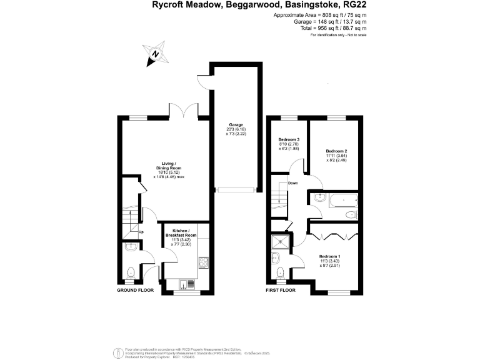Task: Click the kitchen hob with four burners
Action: pyautogui.click(x=204, y=265)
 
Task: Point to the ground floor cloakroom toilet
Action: pyautogui.click(x=131, y=272)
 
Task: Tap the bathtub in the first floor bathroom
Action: pyautogui.click(x=342, y=201)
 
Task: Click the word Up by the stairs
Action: pyautogui.click(x=141, y=232)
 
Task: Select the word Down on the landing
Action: pyautogui.click(x=292, y=183)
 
